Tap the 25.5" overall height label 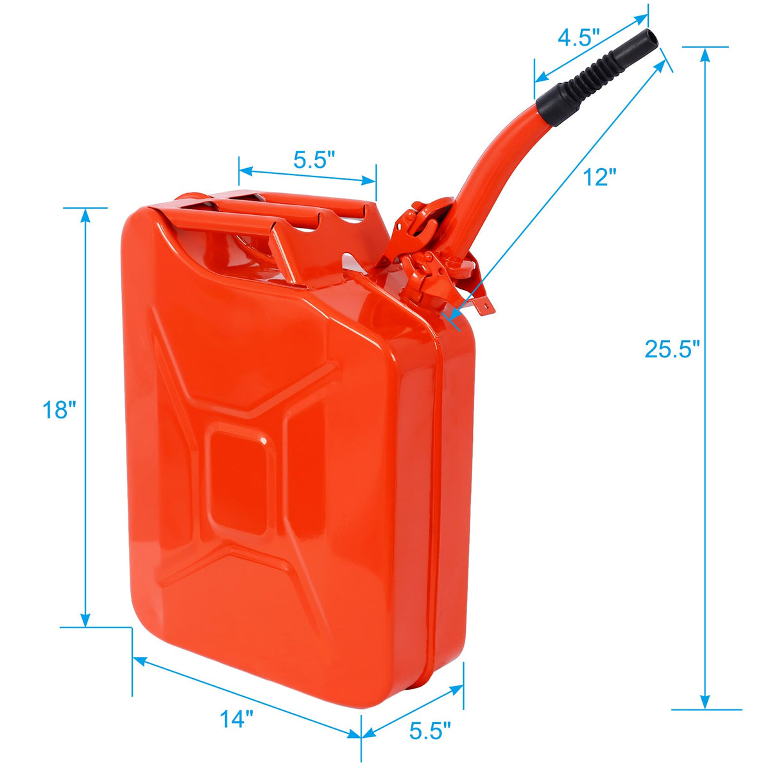click(672, 349)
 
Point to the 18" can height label click(59, 409)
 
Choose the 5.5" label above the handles click(314, 160)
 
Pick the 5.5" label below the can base click(430, 730)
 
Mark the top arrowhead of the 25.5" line click(705, 54)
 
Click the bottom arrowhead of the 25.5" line click(705, 702)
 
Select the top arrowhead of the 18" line click(85, 215)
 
